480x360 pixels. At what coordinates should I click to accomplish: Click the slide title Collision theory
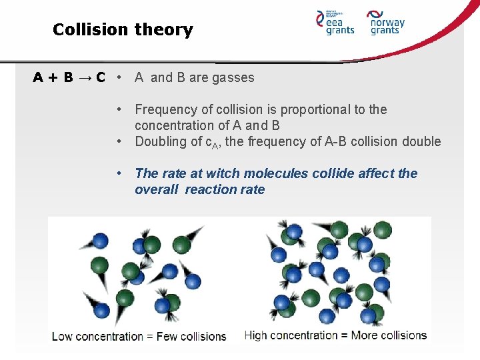pyautogui.click(x=123, y=30)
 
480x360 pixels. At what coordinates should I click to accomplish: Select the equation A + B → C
pyautogui.click(x=69, y=77)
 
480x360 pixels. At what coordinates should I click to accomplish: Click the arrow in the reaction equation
pyautogui.click(x=85, y=77)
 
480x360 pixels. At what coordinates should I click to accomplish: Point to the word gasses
pyautogui.click(x=233, y=77)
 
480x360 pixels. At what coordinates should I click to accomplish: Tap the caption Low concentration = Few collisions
pyautogui.click(x=139, y=336)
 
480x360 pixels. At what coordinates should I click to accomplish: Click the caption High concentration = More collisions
pyautogui.click(x=335, y=335)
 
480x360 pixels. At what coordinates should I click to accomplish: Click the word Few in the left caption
pyautogui.click(x=168, y=336)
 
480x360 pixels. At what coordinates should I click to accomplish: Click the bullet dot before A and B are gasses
pyautogui.click(x=117, y=77)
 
